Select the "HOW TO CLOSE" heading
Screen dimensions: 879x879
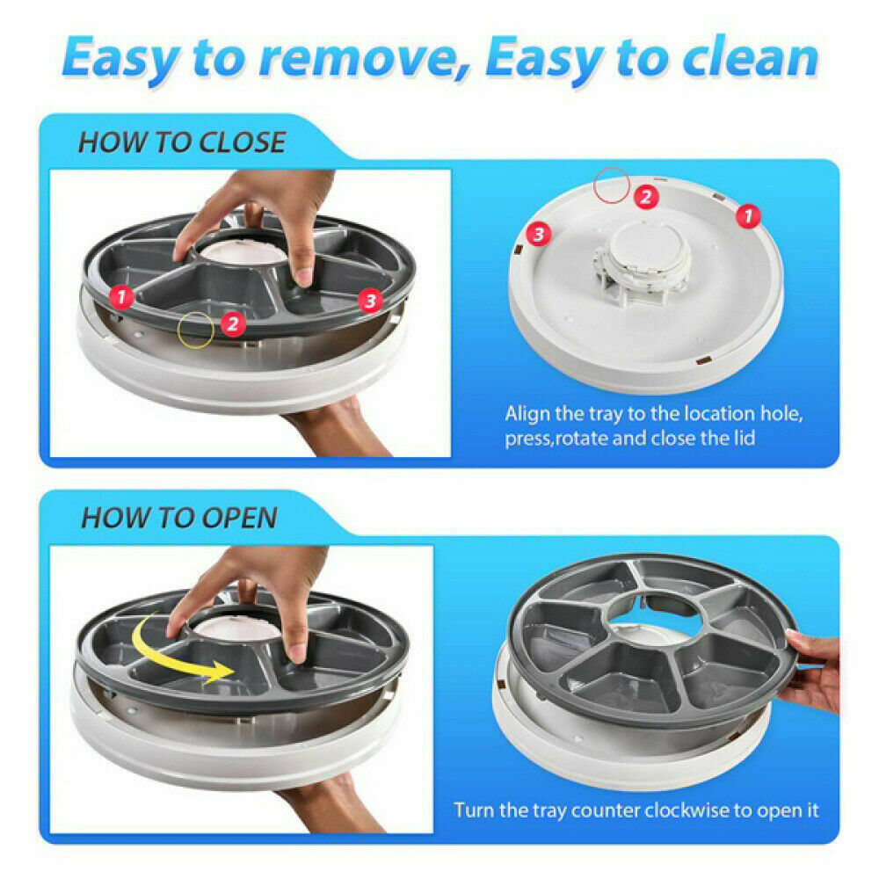182,142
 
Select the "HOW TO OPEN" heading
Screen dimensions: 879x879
179,518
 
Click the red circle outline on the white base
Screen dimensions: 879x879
612,185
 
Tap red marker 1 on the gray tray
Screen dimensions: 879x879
121,296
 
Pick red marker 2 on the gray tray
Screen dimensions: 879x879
233,324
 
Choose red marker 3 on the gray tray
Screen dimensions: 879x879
370,301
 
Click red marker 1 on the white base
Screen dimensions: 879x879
748,216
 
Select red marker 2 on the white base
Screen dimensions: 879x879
646,197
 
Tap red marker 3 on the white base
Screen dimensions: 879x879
539,234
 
